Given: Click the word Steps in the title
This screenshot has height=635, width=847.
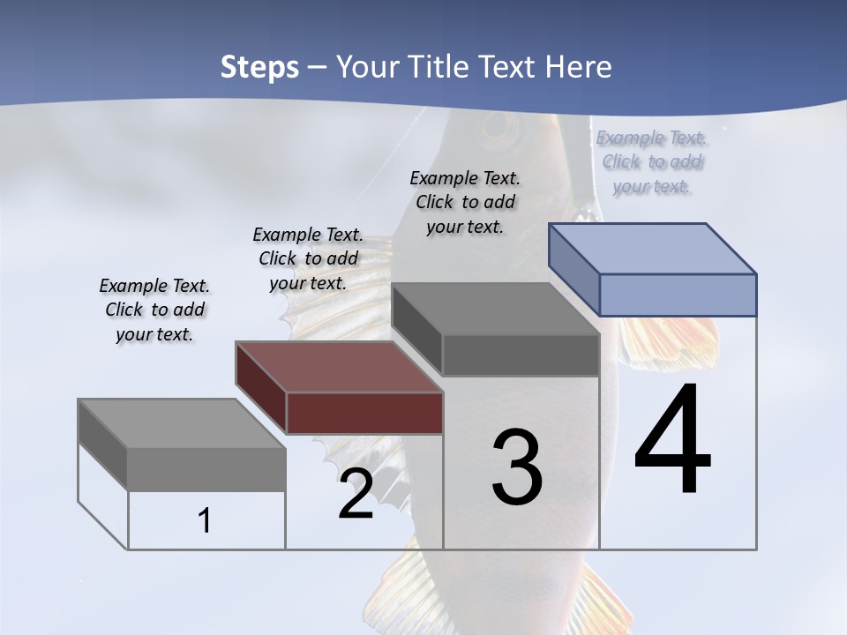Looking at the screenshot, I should pos(259,67).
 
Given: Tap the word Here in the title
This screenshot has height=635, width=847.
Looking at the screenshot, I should pos(580,67).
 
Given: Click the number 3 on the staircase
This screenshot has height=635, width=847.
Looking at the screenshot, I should pos(517,467).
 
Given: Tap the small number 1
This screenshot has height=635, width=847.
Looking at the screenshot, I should pos(205,521).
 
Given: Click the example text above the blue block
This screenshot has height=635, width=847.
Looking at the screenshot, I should pos(652,162).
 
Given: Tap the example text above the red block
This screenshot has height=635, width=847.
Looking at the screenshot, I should pos(308,258).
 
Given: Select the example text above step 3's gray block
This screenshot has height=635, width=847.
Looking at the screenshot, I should pos(465,202).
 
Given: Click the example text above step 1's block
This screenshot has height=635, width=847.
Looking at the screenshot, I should pos(154,310).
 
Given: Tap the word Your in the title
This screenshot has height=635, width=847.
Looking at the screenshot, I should pos(366,67).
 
